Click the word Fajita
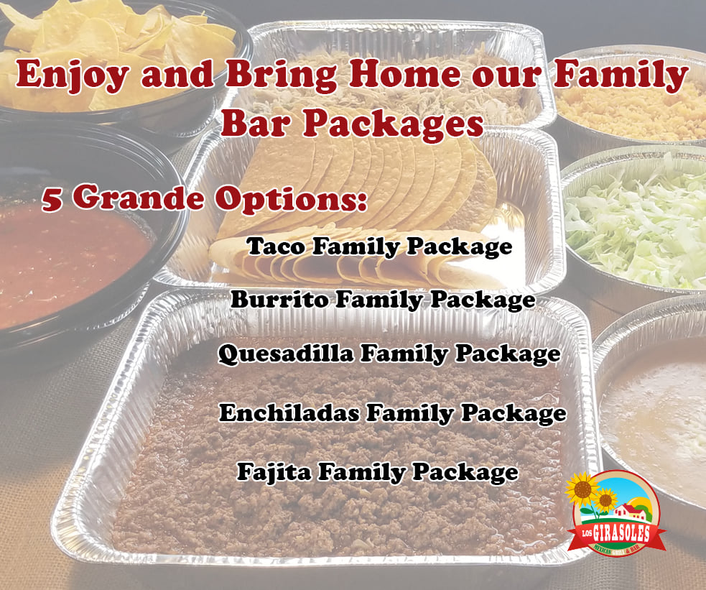point(274,472)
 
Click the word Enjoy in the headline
point(73,74)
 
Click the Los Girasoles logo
point(615,512)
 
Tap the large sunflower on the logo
point(582,488)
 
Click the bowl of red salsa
point(68,266)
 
